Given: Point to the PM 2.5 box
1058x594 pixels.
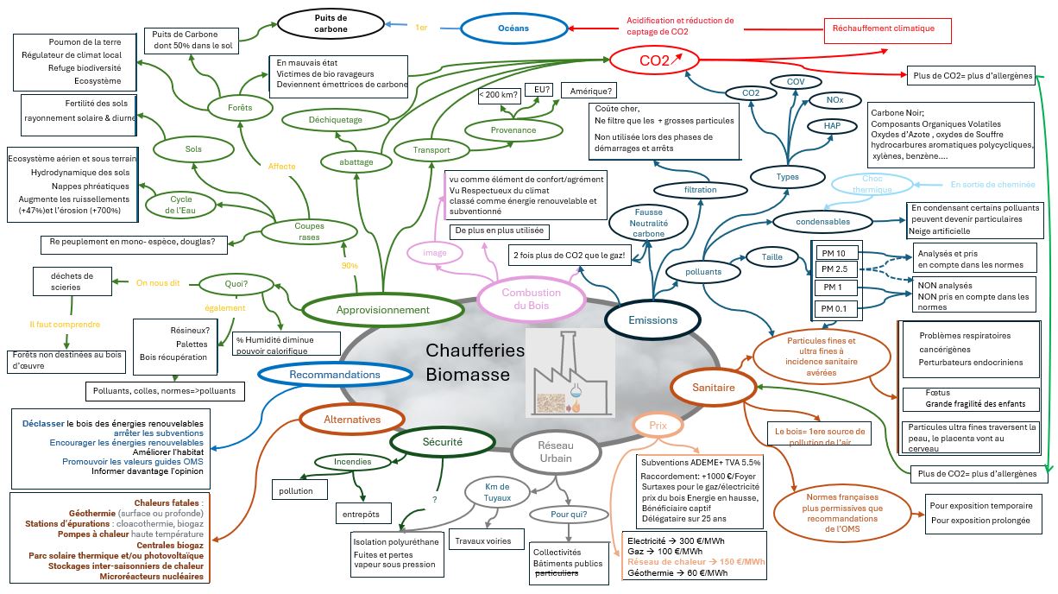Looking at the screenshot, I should pyautogui.click(x=835, y=270).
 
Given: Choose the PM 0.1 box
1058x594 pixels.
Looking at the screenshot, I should pyautogui.click(x=835, y=308).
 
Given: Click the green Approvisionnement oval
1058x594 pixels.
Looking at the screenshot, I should pyautogui.click(x=383, y=309).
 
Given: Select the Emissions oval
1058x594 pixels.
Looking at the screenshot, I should pyautogui.click(x=653, y=319).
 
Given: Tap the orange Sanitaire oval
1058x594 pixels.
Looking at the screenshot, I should pyautogui.click(x=714, y=388).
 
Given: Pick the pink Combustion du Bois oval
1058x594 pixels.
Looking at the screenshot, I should pyautogui.click(x=532, y=299).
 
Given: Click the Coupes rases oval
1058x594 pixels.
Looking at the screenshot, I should pyautogui.click(x=309, y=231).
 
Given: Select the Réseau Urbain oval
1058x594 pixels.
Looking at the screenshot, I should pyautogui.click(x=555, y=451).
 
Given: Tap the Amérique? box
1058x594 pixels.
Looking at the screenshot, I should pyautogui.click(x=593, y=91).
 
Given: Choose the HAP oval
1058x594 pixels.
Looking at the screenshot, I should pyautogui.click(x=832, y=126).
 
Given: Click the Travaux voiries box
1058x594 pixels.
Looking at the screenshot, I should pyautogui.click(x=488, y=541).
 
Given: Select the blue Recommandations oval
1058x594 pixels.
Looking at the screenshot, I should pyautogui.click(x=335, y=375).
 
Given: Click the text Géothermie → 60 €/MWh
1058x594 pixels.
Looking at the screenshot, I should pyautogui.click(x=677, y=573).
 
